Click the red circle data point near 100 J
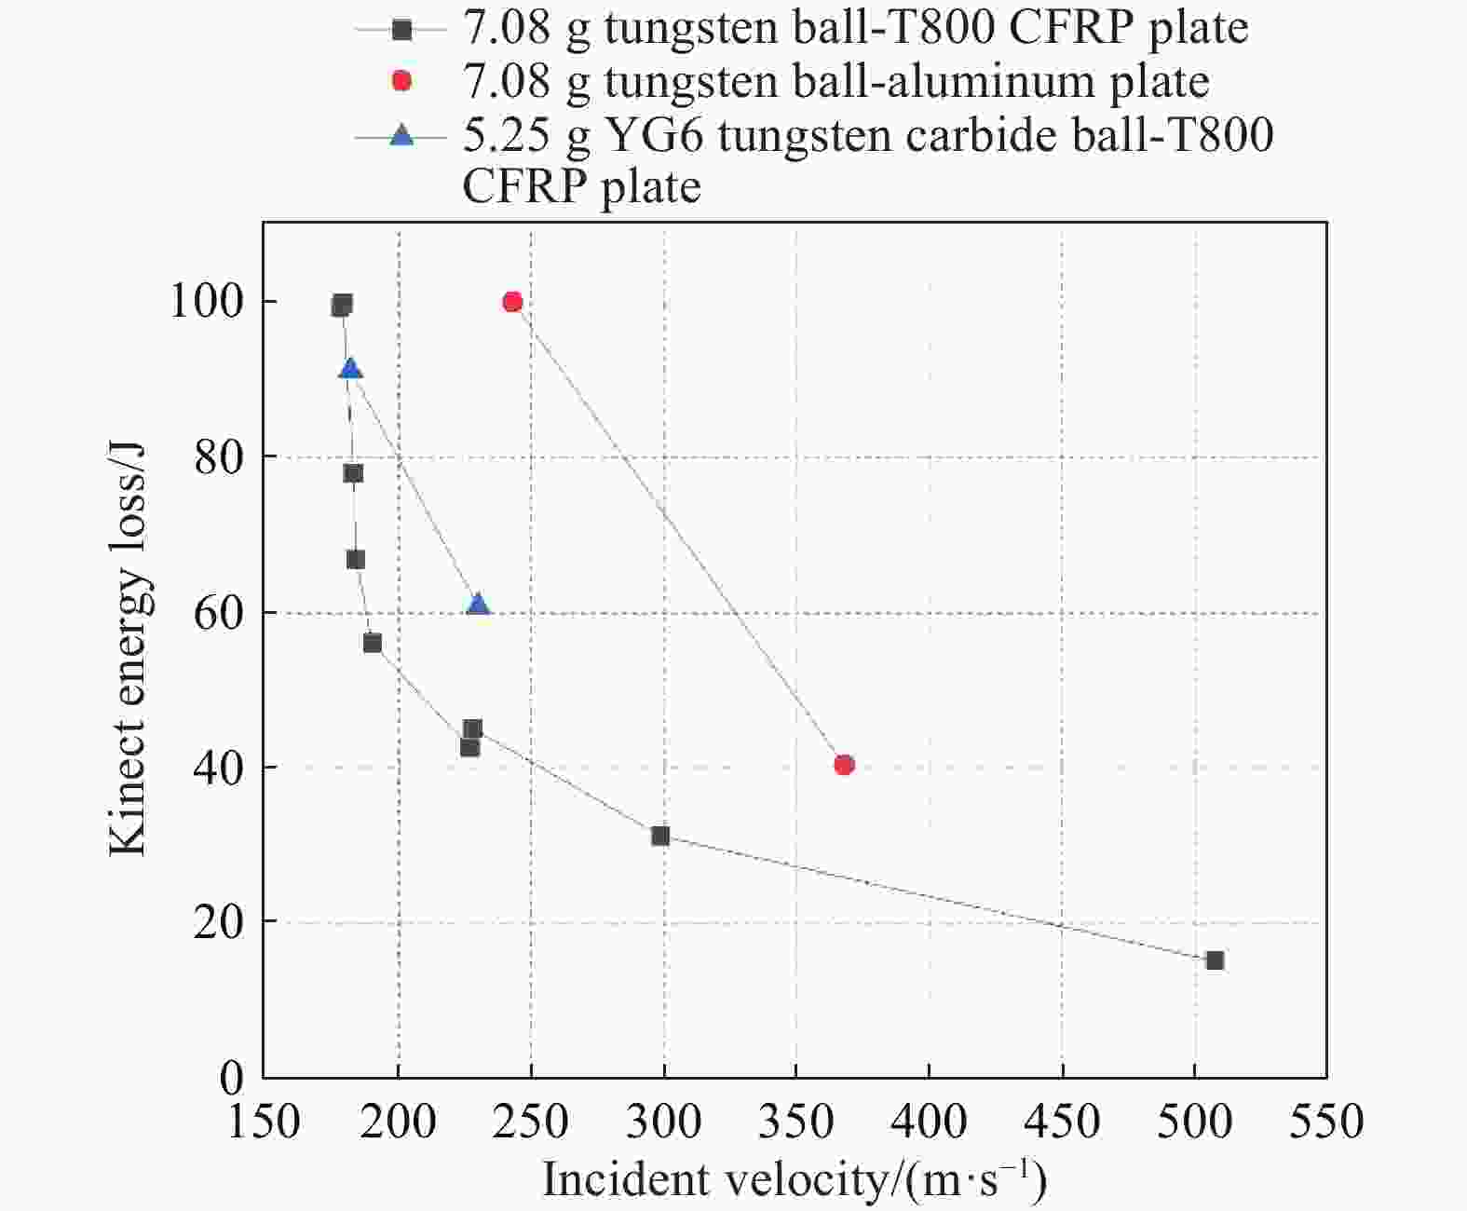pyautogui.click(x=512, y=302)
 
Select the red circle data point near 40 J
pyautogui.click(x=844, y=765)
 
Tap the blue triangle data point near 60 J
pyautogui.click(x=478, y=605)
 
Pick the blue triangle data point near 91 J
pyautogui.click(x=350, y=369)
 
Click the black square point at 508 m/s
pyautogui.click(x=1215, y=960)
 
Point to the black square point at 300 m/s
pyautogui.click(x=660, y=836)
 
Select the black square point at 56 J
pyautogui.click(x=372, y=643)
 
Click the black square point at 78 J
pyautogui.click(x=353, y=473)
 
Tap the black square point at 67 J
pyautogui.click(x=355, y=559)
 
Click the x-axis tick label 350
pyautogui.click(x=795, y=1121)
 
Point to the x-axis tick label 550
pyautogui.click(x=1326, y=1121)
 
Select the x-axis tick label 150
pyautogui.click(x=265, y=1121)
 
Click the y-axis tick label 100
pyautogui.click(x=206, y=302)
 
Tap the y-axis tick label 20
pyautogui.click(x=219, y=921)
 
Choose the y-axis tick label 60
pyautogui.click(x=219, y=612)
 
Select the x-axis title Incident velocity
pyautogui.click(x=795, y=1179)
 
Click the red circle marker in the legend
pyautogui.click(x=401, y=81)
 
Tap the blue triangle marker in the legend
pyautogui.click(x=401, y=136)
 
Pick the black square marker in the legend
pyautogui.click(x=401, y=29)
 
